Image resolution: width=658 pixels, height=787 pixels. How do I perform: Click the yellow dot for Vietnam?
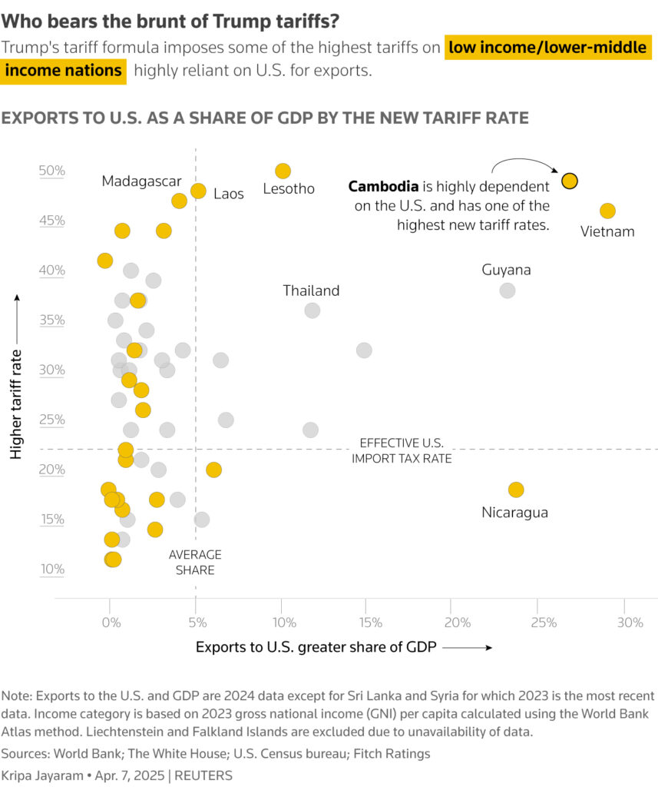pos(607,211)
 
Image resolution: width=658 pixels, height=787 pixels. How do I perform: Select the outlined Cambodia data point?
pos(569,181)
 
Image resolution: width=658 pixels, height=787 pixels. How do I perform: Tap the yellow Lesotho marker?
pos(283,171)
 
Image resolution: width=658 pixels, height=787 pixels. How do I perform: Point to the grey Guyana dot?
pos(507,291)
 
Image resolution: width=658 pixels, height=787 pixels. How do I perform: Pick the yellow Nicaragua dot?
pos(516,490)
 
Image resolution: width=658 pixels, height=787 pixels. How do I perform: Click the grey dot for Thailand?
pos(312,310)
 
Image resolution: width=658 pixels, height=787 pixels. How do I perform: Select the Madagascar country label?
pos(141,181)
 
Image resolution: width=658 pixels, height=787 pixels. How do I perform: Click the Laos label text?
pos(228,194)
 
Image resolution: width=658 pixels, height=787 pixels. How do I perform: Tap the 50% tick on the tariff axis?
pos(52,171)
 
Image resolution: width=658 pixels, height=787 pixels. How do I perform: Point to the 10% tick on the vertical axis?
pos(52,569)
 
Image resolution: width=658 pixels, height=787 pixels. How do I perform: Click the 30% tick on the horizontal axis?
pos(630,623)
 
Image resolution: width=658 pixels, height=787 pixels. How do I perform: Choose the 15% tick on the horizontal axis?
pos(370,623)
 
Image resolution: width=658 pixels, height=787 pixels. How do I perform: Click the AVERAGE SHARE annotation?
pos(195,563)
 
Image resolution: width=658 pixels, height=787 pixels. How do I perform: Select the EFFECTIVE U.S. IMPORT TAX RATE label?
pos(402,451)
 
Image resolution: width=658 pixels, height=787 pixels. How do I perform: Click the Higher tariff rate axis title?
pos(16,374)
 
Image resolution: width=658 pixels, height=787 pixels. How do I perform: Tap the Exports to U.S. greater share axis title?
pos(316,647)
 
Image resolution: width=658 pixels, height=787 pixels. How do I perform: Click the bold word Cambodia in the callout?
pos(383,187)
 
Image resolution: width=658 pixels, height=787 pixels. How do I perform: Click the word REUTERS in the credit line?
pos(204,775)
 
